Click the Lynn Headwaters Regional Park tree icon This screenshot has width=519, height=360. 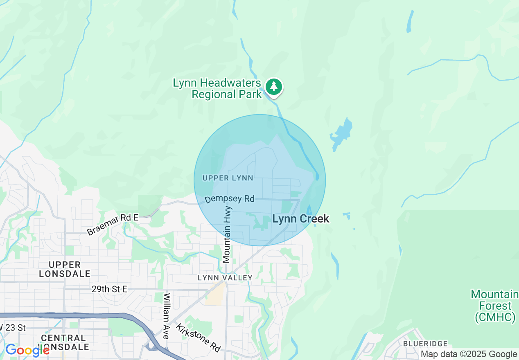click(274, 87)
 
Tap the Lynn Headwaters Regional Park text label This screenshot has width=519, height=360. click(217, 89)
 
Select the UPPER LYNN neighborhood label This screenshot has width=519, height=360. click(228, 178)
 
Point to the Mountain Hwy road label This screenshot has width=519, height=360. click(227, 234)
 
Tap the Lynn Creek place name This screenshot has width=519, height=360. click(300, 219)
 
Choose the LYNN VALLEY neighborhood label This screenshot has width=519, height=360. click(225, 278)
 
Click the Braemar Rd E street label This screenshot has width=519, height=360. click(113, 224)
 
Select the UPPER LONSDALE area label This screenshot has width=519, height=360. click(65, 269)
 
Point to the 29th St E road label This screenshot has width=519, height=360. click(109, 289)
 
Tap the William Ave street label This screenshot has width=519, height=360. click(166, 315)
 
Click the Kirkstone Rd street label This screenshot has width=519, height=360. click(198, 337)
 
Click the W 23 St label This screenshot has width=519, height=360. click(13, 328)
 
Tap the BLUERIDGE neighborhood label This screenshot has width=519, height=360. click(425, 344)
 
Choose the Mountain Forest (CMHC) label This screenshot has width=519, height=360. click(494, 306)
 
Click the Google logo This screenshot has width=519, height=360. click(27, 351)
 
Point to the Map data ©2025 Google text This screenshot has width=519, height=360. click(469, 354)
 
